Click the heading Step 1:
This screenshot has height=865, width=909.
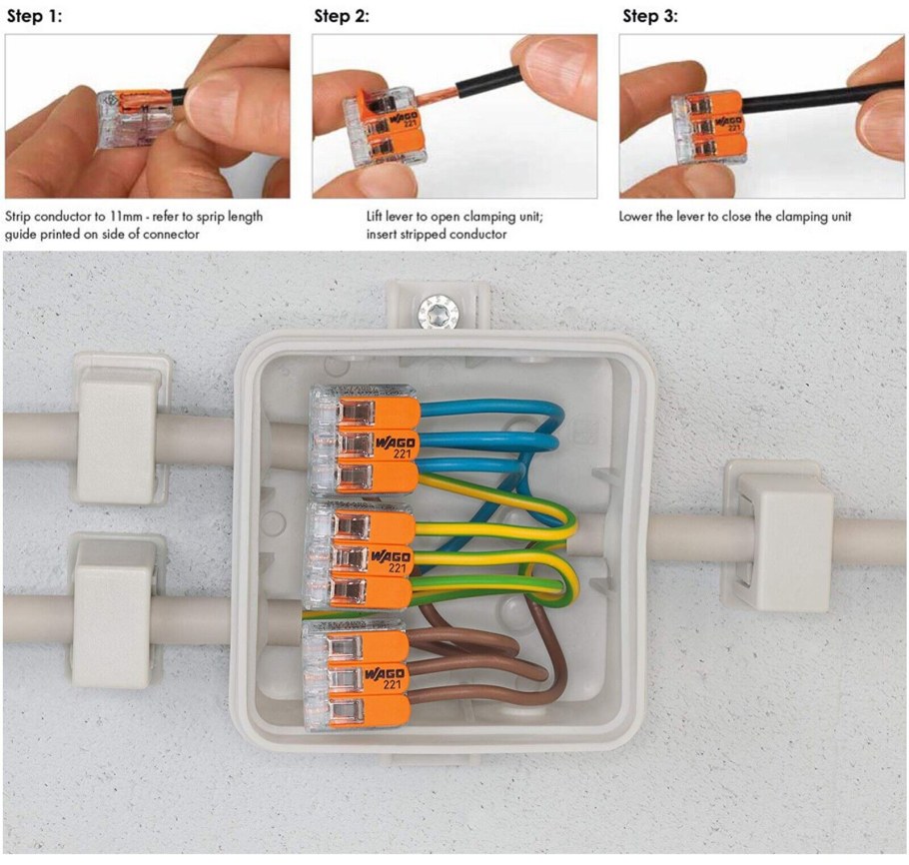point(34,16)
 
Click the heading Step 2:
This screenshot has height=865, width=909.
point(342,16)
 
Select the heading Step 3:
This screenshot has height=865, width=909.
point(650,16)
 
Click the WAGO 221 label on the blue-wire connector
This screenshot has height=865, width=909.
point(398,447)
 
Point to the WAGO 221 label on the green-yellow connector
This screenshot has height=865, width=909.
point(393,561)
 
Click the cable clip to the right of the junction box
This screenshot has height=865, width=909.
point(779,535)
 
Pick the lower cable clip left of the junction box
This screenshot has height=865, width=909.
point(116,612)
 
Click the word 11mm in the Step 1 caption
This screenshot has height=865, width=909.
point(126,217)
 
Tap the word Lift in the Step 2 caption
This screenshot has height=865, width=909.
point(375,217)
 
